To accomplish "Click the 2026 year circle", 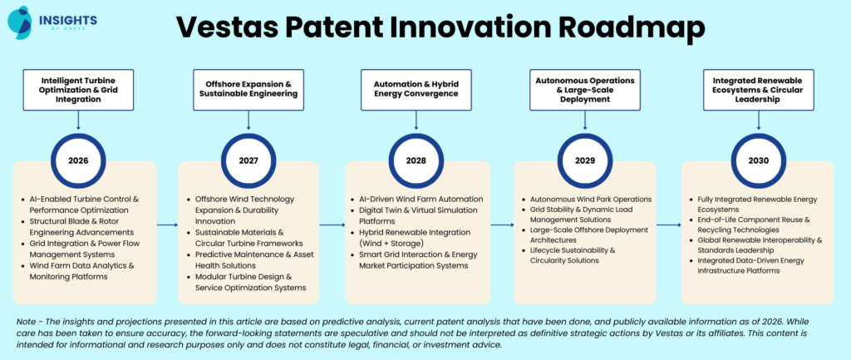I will click(78, 160).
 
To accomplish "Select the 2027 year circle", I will click(247, 160).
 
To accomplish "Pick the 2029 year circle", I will click(587, 160).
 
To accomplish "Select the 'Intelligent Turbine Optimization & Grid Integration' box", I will click(78, 89).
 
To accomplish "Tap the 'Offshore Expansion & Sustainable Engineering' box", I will click(247, 89).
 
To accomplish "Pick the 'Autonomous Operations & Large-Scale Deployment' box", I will click(587, 89).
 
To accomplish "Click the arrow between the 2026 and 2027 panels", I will click(167, 224).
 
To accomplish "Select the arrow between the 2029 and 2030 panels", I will click(669, 224).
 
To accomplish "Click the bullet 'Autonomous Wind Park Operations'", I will click(591, 200).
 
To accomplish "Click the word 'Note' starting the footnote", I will click(27, 320).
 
